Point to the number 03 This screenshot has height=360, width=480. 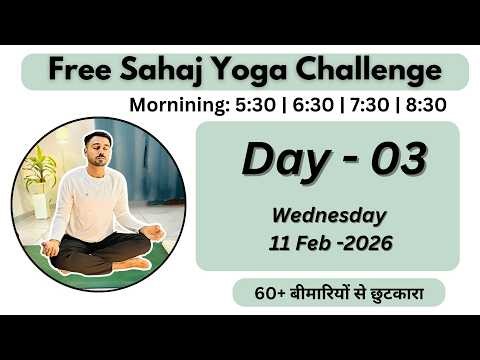[391, 158]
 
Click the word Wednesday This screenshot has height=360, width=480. [327, 215]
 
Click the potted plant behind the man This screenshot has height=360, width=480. [40, 178]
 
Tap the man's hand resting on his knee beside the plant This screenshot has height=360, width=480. [50, 246]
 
